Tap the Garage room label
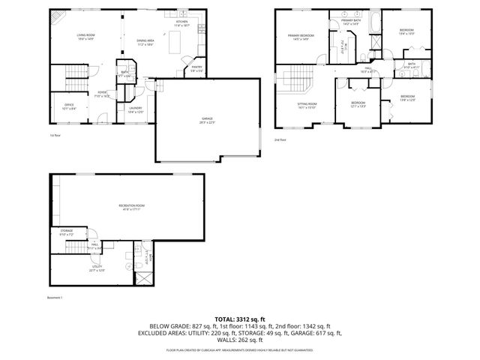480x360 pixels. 207,121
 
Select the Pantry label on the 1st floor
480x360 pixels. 196,68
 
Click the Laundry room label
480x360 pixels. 135,109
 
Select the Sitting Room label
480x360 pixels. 307,105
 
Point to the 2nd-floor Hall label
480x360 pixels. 368,69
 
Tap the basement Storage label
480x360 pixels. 67,232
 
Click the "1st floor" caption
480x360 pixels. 54,136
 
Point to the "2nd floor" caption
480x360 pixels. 280,140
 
